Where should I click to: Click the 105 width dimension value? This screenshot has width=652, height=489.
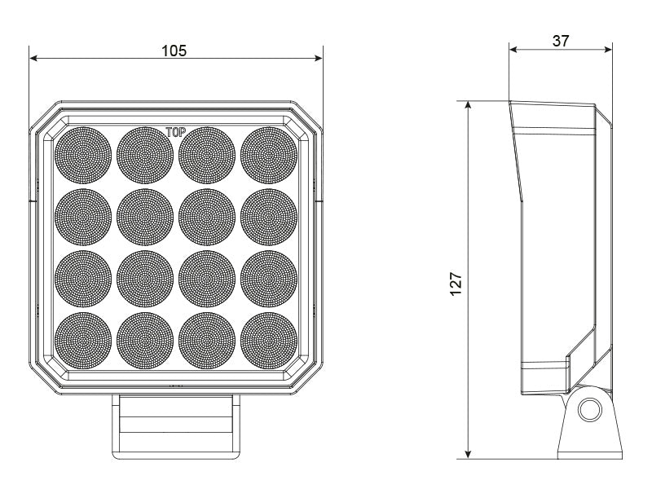[174, 50]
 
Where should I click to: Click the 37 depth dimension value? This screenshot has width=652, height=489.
[561, 41]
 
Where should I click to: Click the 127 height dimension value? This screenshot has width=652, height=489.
[457, 283]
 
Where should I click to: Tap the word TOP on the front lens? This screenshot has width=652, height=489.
[176, 131]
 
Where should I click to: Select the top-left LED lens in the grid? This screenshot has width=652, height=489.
[83, 154]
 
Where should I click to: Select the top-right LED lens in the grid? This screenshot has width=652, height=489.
[269, 154]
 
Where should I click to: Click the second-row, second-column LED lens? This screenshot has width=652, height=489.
[145, 216]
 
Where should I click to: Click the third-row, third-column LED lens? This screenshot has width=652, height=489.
[207, 278]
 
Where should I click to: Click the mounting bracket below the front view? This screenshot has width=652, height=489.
[176, 424]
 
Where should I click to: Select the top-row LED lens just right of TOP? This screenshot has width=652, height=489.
[207, 154]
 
